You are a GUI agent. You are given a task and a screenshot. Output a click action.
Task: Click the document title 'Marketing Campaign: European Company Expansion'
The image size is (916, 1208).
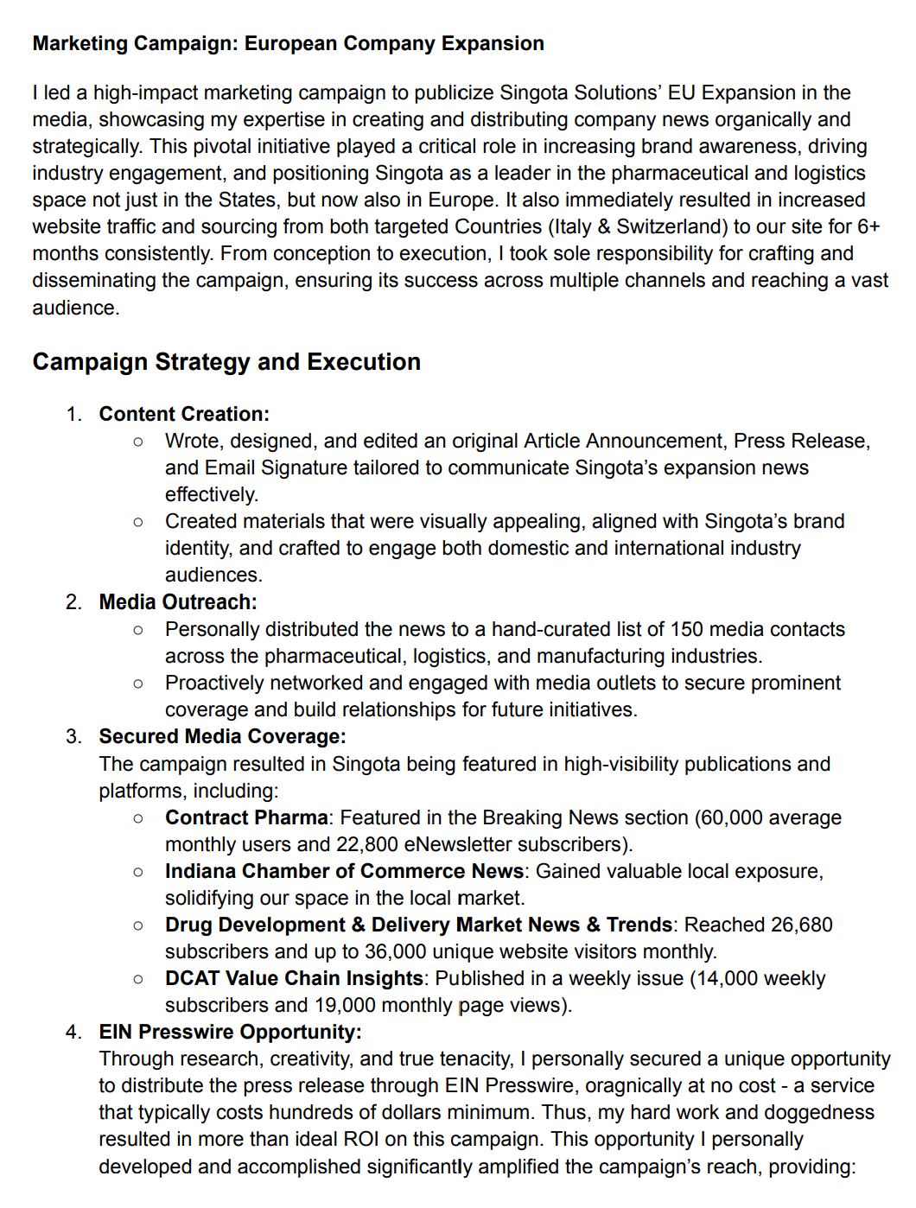pyautogui.click(x=288, y=43)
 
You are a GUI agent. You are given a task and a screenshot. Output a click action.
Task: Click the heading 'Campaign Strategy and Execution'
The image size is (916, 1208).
pyautogui.click(x=226, y=361)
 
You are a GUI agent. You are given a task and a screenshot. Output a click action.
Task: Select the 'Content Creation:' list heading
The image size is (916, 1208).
pyautogui.click(x=184, y=414)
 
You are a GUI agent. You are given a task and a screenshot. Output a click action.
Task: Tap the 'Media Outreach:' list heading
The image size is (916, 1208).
pyautogui.click(x=178, y=601)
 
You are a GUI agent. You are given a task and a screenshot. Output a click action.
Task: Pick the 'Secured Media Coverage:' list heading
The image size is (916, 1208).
pyautogui.click(x=222, y=736)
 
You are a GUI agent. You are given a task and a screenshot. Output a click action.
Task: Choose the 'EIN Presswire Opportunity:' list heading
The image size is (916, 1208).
pyautogui.click(x=230, y=1032)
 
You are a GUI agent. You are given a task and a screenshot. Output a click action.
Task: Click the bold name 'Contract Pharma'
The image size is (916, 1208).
pyautogui.click(x=246, y=817)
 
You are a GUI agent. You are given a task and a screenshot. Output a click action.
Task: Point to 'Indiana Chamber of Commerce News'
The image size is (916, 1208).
pyautogui.click(x=344, y=871)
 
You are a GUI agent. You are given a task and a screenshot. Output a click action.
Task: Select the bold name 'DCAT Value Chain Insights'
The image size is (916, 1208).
pyautogui.click(x=294, y=978)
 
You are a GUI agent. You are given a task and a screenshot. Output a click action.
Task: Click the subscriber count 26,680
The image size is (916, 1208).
pyautogui.click(x=801, y=925)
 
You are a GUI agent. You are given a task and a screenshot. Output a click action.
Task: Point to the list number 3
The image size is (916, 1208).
pyautogui.click(x=73, y=736)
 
